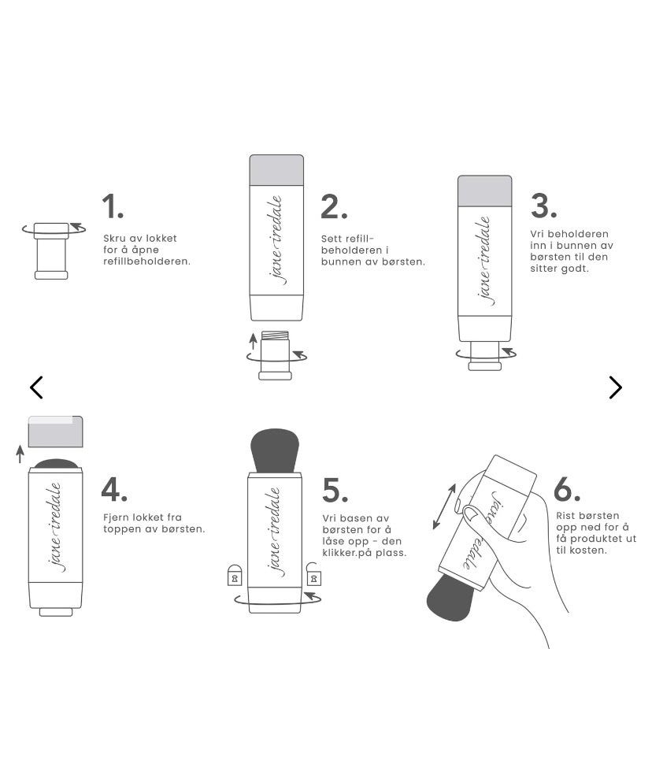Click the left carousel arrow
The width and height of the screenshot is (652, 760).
(x=36, y=387)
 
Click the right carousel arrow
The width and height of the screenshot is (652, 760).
(x=615, y=387)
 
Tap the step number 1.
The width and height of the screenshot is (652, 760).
(x=113, y=206)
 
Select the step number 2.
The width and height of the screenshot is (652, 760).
(x=334, y=207)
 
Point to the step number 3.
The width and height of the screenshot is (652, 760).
(x=544, y=206)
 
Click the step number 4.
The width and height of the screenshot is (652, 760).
(x=114, y=490)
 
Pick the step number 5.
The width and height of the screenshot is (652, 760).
(x=335, y=490)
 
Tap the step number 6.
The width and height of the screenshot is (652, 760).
(x=567, y=489)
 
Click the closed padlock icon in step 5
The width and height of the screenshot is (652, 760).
(x=235, y=575)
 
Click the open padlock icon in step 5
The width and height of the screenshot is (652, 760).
(x=313, y=574)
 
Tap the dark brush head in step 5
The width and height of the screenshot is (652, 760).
(x=275, y=450)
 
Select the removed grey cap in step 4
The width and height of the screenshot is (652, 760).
(x=56, y=432)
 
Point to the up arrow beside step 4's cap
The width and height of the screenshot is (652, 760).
(x=20, y=454)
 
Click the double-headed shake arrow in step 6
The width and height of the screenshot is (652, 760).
(x=445, y=506)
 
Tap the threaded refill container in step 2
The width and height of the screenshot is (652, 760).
(x=275, y=355)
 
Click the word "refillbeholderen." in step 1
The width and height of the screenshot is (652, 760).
(x=147, y=261)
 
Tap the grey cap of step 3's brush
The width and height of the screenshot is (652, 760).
(x=485, y=191)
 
